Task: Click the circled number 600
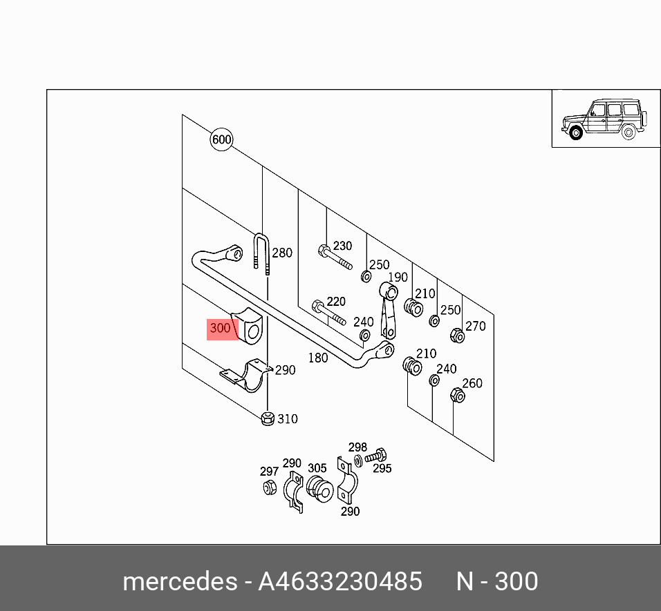[221, 140]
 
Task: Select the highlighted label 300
[221, 329]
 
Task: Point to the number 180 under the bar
[317, 358]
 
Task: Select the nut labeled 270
[456, 336]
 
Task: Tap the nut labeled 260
[457, 396]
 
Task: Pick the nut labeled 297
[270, 487]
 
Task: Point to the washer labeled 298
[357, 460]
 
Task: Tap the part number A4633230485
[339, 581]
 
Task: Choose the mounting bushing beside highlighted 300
[250, 327]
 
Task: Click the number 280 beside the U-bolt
[282, 253]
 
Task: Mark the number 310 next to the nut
[288, 418]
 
